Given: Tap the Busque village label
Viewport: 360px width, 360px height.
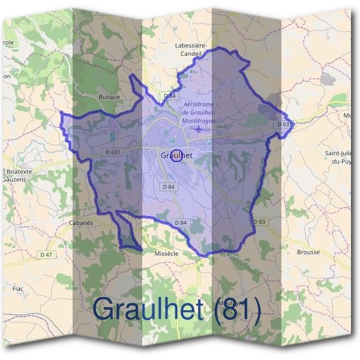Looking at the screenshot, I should tap(109, 96).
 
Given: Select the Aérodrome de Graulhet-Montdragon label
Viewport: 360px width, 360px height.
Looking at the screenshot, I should tap(199, 112).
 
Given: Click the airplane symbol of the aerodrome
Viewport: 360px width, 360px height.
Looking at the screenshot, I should tap(199, 129).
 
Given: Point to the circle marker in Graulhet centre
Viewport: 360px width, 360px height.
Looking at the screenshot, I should tap(176, 155).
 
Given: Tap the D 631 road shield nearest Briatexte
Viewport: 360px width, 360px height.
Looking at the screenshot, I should tap(112, 152).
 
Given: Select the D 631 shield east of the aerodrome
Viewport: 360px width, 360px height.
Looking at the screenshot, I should tap(285, 124).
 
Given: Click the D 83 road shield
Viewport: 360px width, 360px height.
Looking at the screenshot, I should tap(259, 221).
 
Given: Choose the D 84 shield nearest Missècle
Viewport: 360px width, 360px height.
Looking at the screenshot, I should tap(180, 223).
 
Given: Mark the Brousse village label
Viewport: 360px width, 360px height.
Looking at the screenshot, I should tap(308, 252).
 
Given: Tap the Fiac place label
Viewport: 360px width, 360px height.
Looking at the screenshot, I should tap(17, 288).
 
